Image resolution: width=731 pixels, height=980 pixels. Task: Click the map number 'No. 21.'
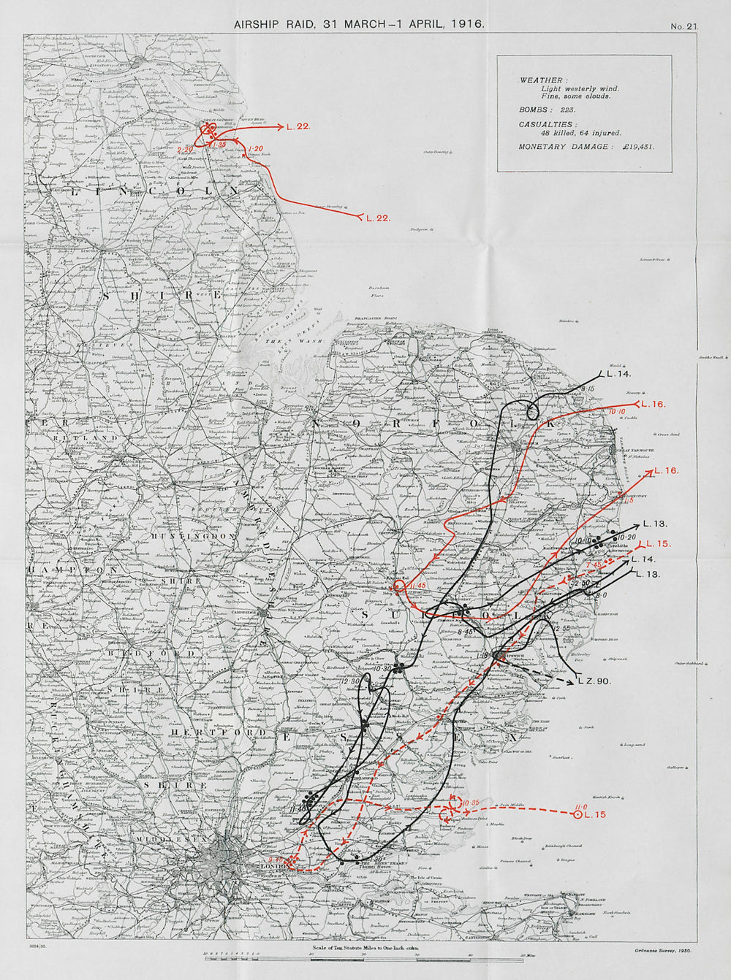(x=684, y=26)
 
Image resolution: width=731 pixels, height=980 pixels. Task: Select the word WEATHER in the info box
(x=542, y=80)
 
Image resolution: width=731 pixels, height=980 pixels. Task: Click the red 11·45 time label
(x=418, y=586)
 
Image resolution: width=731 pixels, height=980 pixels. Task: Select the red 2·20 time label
(x=185, y=149)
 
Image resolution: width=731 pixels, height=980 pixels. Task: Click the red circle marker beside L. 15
(x=578, y=814)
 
